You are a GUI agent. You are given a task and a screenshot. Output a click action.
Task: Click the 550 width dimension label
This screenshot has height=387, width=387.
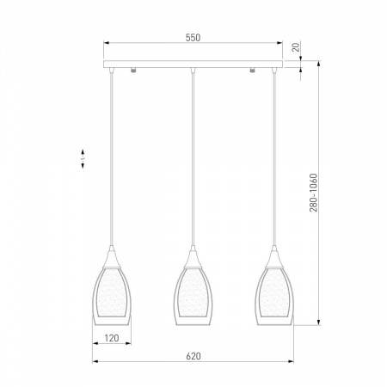193,38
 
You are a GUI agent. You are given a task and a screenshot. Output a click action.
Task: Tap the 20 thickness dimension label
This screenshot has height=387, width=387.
296,46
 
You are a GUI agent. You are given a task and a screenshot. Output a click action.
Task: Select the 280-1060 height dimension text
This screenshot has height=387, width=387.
314,193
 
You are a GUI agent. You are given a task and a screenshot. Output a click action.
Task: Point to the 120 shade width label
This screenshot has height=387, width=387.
112,338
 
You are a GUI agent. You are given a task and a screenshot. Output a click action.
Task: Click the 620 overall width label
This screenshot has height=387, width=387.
193,356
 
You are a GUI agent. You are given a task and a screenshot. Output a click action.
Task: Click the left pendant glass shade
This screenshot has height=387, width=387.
112,296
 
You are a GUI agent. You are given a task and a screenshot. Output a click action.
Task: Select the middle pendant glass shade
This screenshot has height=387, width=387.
193,296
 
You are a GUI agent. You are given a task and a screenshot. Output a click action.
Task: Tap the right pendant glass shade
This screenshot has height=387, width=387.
274,296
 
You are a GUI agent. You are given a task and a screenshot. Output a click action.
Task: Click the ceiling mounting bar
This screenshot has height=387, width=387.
193,64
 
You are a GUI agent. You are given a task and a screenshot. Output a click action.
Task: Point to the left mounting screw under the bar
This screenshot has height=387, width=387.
133,70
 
